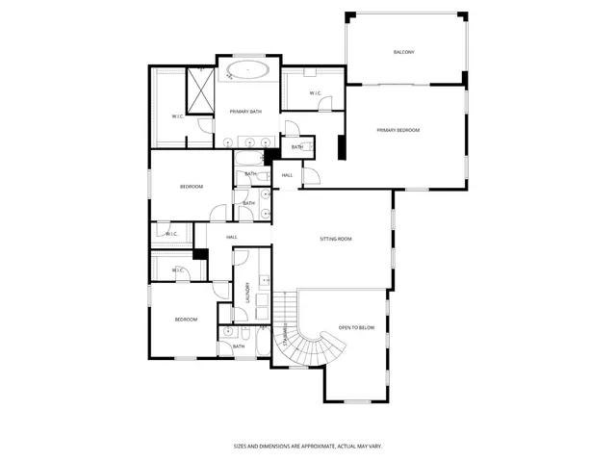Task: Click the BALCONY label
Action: (403, 52)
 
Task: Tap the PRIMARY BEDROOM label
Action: (398, 130)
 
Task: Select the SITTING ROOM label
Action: (336, 238)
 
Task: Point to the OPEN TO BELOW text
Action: (356, 328)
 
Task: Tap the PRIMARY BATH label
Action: (246, 112)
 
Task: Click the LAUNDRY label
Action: (247, 292)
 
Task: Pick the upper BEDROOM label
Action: (192, 186)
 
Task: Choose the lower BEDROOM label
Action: (186, 319)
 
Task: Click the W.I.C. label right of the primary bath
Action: (316, 92)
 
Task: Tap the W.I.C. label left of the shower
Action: (178, 116)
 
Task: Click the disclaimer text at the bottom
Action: (307, 446)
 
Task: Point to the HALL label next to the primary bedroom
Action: (287, 174)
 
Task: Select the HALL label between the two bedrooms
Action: (232, 237)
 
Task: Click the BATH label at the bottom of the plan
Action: (238, 346)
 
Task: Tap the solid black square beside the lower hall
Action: (201, 254)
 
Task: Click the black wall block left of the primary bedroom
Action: (341, 147)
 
